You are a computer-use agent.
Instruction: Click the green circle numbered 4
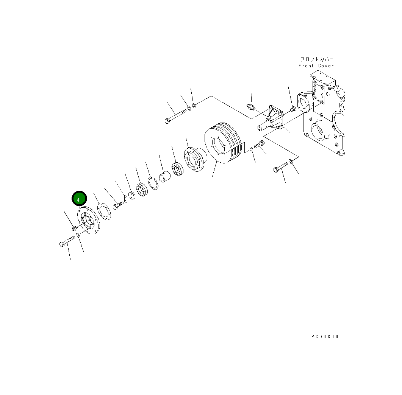tap(79, 198)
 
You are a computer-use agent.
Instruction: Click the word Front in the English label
tap(306, 66)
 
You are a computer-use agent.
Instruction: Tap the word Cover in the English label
tap(326, 66)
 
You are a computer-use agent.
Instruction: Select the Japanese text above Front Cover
tap(317, 59)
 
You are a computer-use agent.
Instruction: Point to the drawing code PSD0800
tap(325, 337)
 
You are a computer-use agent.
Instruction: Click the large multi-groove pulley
tap(223, 142)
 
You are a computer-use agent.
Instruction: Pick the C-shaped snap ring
tap(153, 183)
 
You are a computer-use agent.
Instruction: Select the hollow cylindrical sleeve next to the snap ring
tap(164, 177)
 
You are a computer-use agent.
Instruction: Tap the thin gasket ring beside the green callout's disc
tap(104, 211)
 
